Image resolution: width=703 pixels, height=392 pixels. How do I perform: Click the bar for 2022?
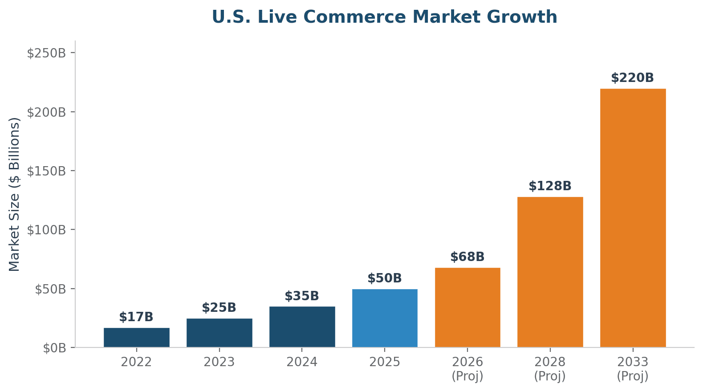click(x=136, y=337)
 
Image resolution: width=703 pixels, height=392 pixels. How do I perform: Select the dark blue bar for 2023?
click(x=219, y=333)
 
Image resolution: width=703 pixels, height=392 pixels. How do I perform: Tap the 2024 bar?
click(x=302, y=327)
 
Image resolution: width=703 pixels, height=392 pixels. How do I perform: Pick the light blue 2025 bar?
click(x=385, y=318)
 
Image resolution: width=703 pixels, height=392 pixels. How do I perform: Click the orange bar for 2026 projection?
click(x=467, y=307)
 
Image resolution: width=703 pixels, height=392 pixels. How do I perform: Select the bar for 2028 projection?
click(x=550, y=272)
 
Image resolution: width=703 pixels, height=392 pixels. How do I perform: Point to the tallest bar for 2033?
click(x=633, y=218)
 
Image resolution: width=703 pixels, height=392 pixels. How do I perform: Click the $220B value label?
click(x=632, y=78)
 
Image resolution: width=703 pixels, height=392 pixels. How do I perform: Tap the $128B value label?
click(x=550, y=186)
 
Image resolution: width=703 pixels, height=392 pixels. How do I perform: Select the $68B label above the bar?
click(x=467, y=257)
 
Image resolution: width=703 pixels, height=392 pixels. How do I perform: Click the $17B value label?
click(x=136, y=317)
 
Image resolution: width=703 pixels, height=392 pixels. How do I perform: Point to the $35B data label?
click(x=302, y=296)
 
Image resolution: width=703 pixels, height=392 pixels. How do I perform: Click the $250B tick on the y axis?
click(x=46, y=53)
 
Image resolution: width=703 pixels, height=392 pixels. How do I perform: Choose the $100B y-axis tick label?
click(x=46, y=230)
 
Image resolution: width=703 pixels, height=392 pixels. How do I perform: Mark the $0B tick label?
click(x=54, y=348)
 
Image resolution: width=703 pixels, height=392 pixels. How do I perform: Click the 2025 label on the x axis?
click(x=385, y=362)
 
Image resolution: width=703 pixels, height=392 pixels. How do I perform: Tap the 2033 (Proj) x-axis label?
click(x=633, y=368)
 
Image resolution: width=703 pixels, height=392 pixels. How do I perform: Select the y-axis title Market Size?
click(x=15, y=194)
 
